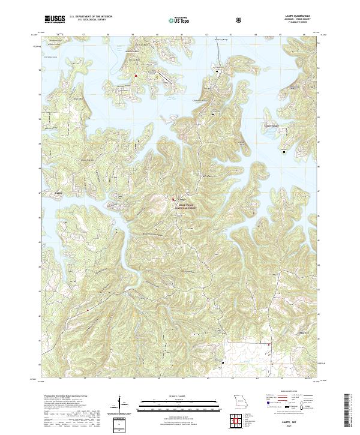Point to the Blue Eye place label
(x=270, y=334)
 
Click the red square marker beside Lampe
(x=174, y=199)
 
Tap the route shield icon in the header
(x=240, y=19)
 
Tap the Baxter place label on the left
(x=58, y=193)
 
